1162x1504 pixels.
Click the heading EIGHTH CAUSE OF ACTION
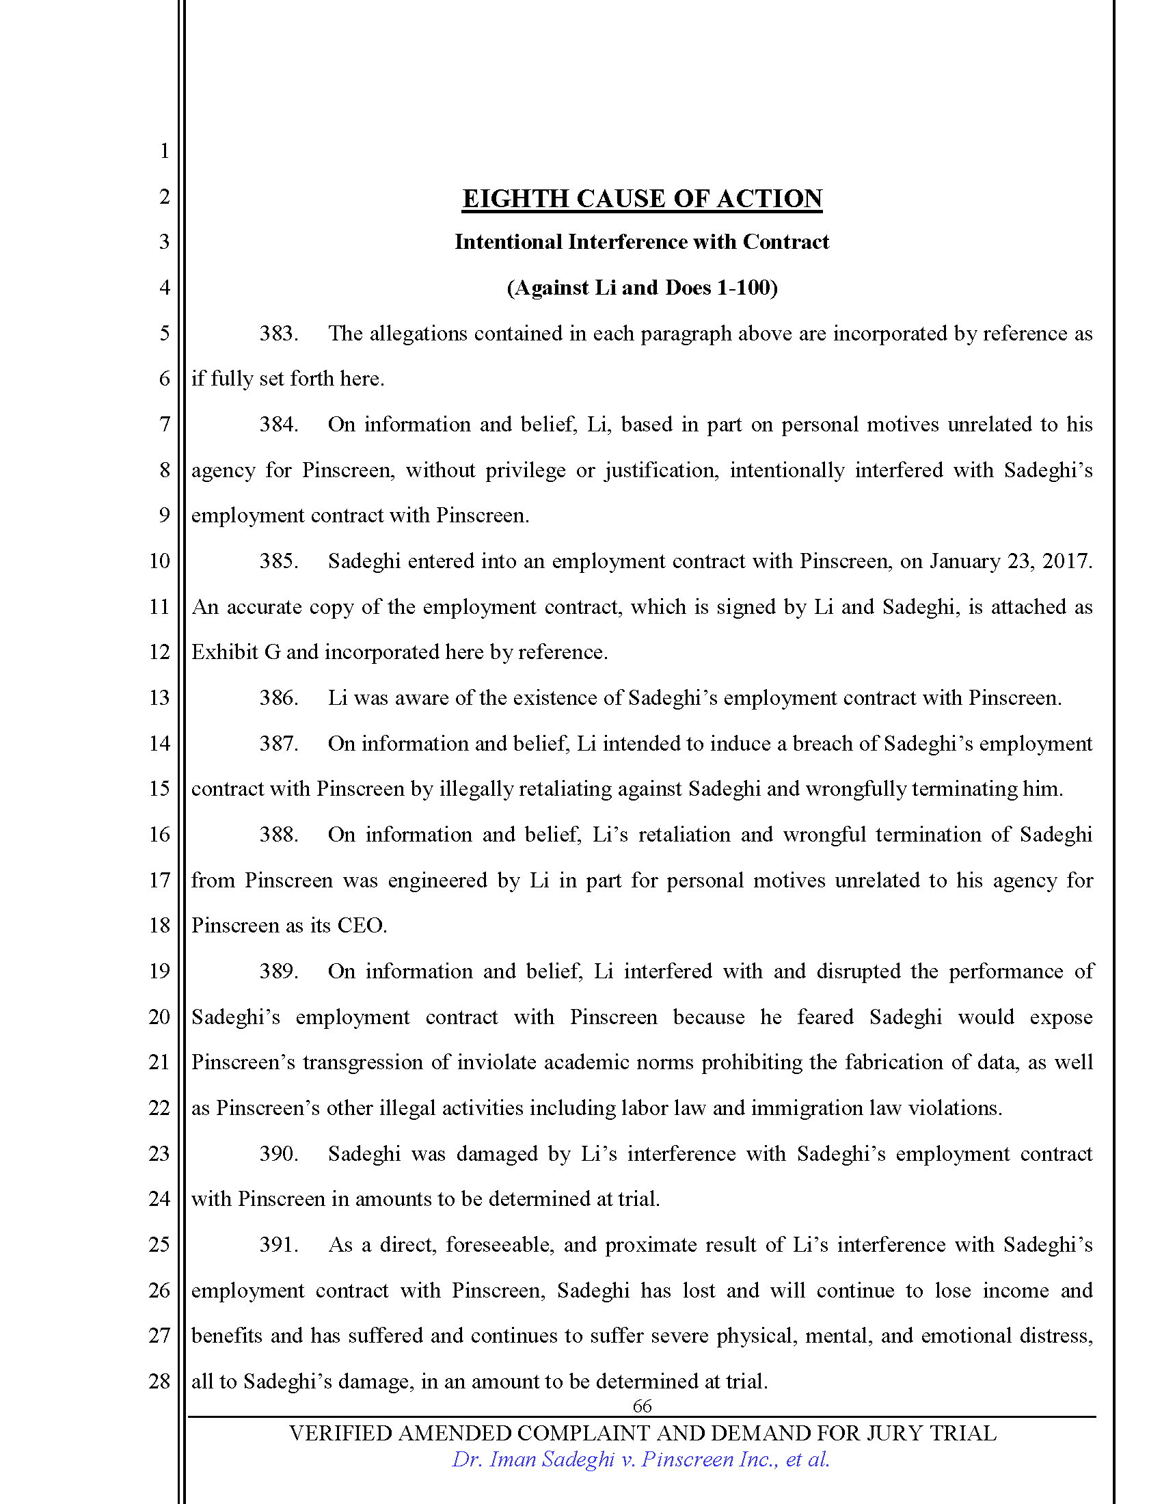(x=642, y=198)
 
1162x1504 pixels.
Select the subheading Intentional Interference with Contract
(x=642, y=242)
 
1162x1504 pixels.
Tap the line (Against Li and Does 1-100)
(x=642, y=287)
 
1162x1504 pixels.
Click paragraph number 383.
(x=278, y=334)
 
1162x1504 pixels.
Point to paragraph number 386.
(x=278, y=697)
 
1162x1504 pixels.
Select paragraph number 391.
(x=278, y=1244)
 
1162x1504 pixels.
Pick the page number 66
(x=642, y=1406)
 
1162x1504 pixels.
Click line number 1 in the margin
(x=164, y=151)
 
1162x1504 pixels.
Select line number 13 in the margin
(x=159, y=697)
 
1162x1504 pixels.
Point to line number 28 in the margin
(x=159, y=1381)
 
